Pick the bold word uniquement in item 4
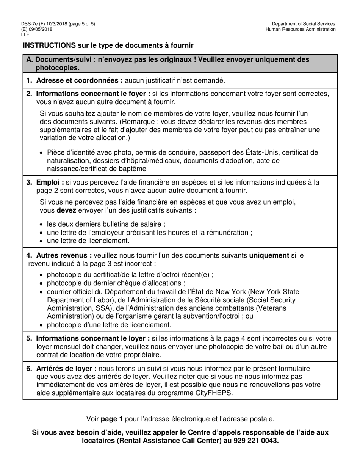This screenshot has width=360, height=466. click(269, 255)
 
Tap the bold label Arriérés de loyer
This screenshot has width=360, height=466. click(66, 369)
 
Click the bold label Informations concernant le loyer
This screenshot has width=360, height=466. click(93, 338)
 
